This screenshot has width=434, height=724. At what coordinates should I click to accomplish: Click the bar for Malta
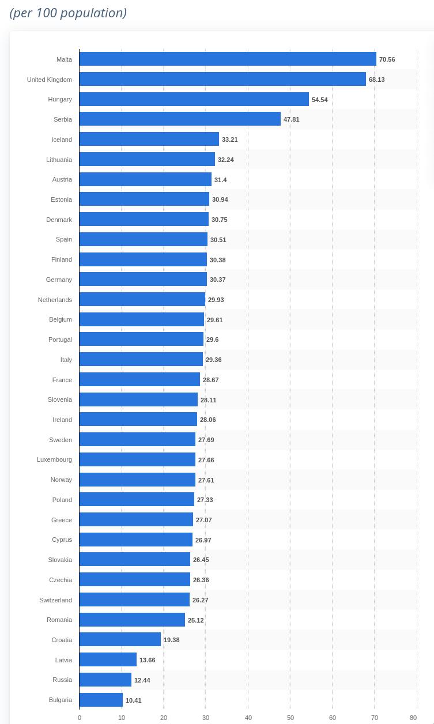tap(228, 59)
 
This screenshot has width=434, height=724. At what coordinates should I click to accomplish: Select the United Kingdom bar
tap(222, 79)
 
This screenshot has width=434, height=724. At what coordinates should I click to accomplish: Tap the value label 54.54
tap(319, 100)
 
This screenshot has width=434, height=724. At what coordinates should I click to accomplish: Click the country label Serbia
tap(63, 119)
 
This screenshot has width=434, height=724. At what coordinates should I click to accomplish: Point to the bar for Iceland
tap(149, 139)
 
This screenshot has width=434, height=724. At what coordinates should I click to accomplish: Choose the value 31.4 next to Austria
tap(220, 180)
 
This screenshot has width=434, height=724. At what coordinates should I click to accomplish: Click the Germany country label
tap(59, 280)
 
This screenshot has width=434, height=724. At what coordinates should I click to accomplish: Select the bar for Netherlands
tap(142, 299)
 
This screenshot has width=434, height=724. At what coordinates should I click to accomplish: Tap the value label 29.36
tap(213, 360)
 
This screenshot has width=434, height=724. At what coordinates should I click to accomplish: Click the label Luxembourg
tap(54, 459)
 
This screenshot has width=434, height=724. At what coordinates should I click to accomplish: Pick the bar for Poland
tap(137, 499)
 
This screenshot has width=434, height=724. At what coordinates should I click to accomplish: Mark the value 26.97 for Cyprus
tap(203, 540)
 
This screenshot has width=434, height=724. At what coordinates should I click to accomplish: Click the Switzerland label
tap(55, 600)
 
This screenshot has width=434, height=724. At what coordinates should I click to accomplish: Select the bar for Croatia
tap(120, 639)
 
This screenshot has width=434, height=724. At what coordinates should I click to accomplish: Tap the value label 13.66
tap(147, 660)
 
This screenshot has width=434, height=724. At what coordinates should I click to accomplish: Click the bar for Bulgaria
tap(101, 700)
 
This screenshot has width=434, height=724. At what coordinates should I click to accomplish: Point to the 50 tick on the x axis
tap(290, 718)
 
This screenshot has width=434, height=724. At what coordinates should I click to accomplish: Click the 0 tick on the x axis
tap(80, 718)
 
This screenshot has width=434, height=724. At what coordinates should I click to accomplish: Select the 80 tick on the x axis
tap(413, 718)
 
